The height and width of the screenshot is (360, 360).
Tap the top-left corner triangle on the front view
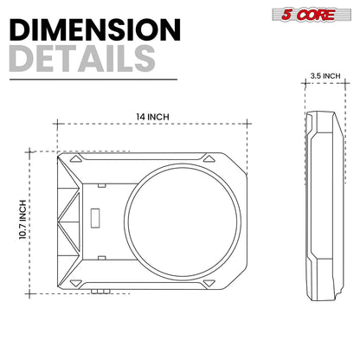pyautogui.click(x=76, y=159)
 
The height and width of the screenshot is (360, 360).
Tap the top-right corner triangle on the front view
pyautogui.click(x=208, y=159)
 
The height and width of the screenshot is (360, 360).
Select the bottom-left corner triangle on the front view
pyautogui.click(x=76, y=283)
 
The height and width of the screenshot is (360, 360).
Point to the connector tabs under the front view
pyautogui.click(x=100, y=293)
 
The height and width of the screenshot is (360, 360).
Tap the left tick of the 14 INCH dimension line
pyautogui.click(x=57, y=125)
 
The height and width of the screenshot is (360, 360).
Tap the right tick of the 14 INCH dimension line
pyautogui.click(x=249, y=125)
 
